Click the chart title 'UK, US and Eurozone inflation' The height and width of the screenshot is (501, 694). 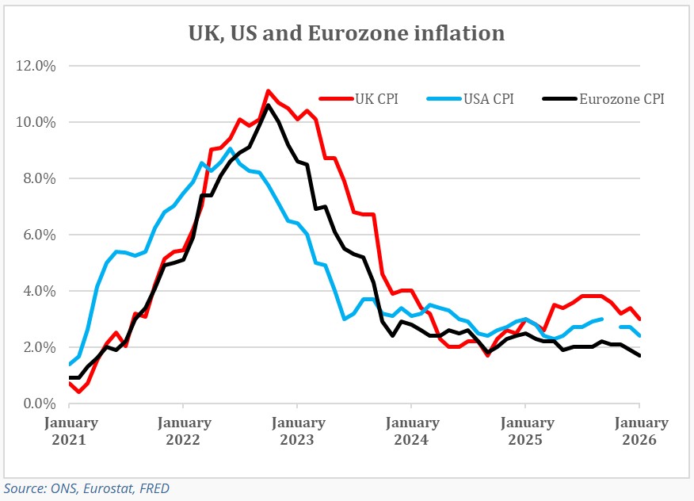(x=346, y=33)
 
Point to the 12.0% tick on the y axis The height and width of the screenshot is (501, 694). (x=36, y=66)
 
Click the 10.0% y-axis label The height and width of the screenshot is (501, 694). (x=36, y=122)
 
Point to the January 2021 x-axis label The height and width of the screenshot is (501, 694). (x=71, y=430)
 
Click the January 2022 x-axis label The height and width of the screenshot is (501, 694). (x=184, y=430)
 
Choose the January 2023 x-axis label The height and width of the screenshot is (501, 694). (x=298, y=430)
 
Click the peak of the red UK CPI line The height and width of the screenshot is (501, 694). (x=269, y=91)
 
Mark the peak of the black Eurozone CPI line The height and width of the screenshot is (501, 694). (x=269, y=105)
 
